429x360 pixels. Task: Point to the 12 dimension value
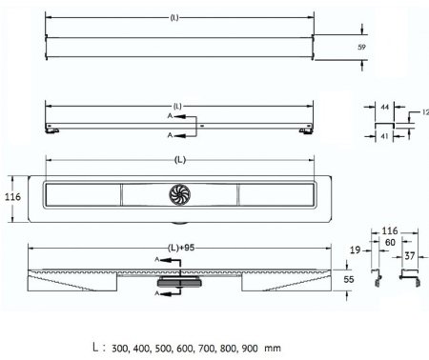(425, 113)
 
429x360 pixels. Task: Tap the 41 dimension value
(384, 137)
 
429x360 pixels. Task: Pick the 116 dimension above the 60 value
(390, 231)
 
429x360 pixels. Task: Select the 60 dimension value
(391, 242)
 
